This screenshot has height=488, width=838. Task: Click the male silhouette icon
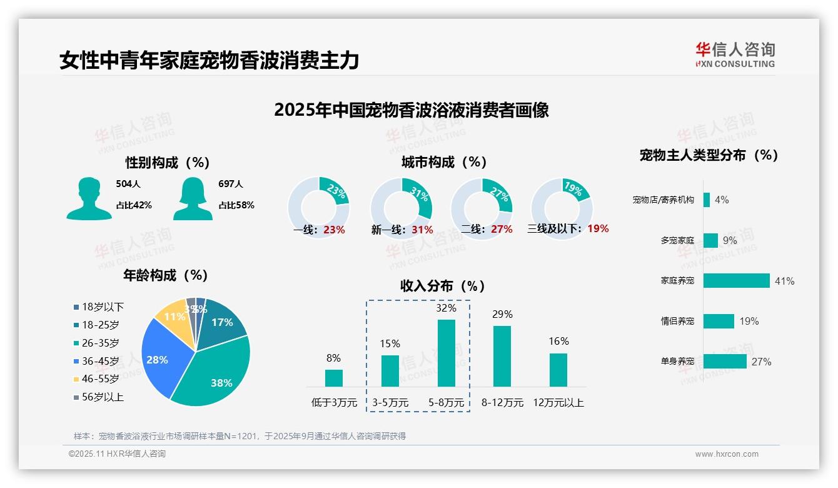click(89, 198)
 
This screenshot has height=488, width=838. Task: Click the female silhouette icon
click(193, 198)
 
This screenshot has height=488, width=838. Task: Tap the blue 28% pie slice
click(160, 357)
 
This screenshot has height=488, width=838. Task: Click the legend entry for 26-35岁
click(100, 343)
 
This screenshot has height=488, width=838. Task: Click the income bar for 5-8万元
click(447, 353)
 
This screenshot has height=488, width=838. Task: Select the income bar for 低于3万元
click(334, 378)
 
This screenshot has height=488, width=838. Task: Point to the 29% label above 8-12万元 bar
click(502, 314)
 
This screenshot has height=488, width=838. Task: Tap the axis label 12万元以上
click(558, 402)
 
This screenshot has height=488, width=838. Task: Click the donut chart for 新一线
click(401, 208)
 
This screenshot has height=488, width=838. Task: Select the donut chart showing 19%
click(562, 208)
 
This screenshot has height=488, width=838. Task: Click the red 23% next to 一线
click(334, 230)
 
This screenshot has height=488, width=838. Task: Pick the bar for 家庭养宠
click(736, 281)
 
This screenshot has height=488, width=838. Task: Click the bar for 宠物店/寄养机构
click(707, 200)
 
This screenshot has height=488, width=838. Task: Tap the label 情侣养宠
click(677, 321)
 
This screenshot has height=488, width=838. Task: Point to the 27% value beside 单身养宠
click(761, 362)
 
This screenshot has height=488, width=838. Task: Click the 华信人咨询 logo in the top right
click(735, 54)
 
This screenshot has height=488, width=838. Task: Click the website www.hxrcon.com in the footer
click(727, 454)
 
